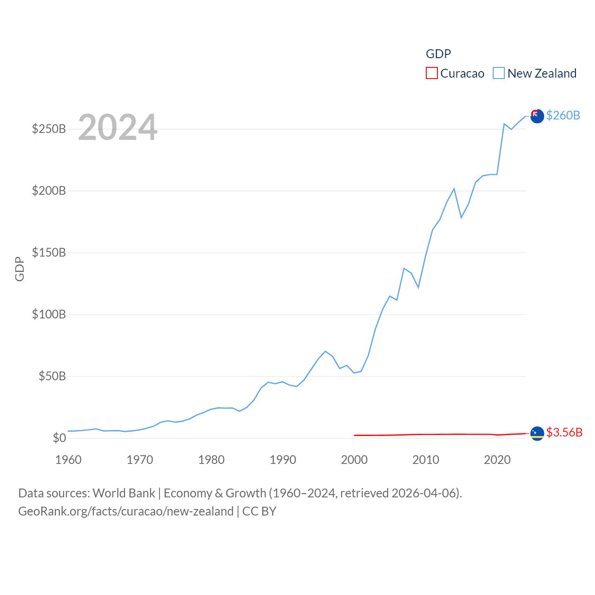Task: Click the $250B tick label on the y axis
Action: click(x=49, y=129)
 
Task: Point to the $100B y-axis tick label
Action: click(x=49, y=314)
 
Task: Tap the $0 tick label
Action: click(x=59, y=438)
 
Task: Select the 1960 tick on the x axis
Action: click(x=68, y=460)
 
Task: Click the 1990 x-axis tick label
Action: click(x=283, y=460)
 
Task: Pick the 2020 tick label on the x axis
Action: click(x=497, y=460)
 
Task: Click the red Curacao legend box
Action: click(x=432, y=73)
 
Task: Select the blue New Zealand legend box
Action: click(x=499, y=73)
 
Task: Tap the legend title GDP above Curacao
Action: click(x=438, y=54)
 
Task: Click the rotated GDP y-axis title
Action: click(x=20, y=269)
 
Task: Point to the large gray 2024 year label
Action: click(x=118, y=127)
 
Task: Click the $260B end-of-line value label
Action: click(x=563, y=115)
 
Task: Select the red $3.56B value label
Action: click(x=564, y=432)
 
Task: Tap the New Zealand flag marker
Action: click(x=537, y=116)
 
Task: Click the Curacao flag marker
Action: click(x=537, y=433)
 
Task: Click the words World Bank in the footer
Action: click(x=124, y=493)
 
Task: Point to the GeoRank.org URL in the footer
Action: click(x=126, y=511)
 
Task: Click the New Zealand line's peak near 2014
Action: click(x=454, y=189)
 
